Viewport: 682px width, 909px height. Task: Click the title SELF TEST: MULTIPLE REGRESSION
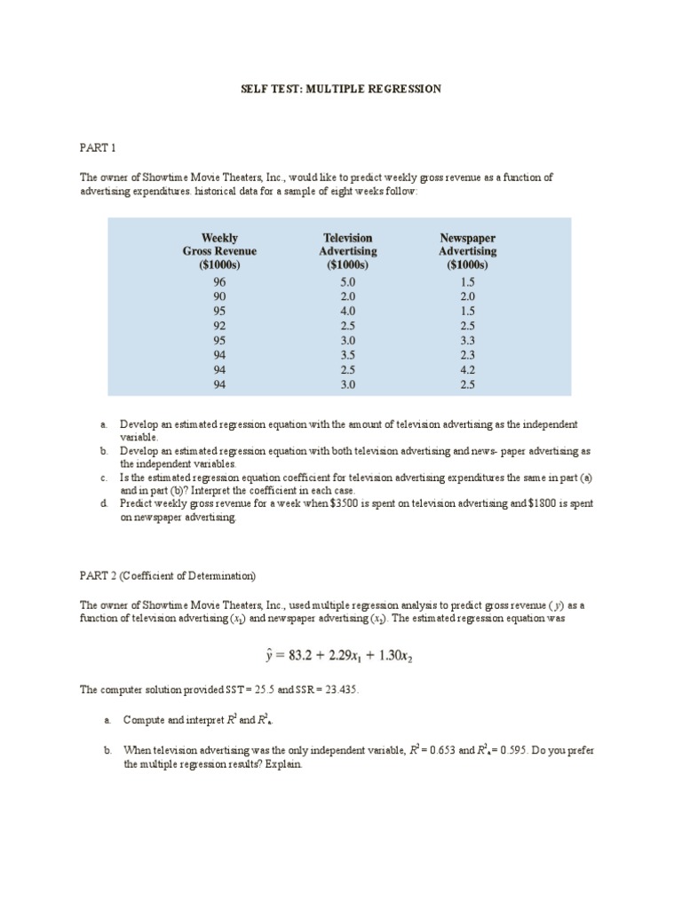[341, 90]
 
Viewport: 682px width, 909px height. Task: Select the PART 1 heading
[98, 146]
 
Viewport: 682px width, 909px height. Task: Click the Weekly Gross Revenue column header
[219, 251]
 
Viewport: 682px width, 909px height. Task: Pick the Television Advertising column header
[347, 251]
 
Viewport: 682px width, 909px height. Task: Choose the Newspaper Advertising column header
[468, 251]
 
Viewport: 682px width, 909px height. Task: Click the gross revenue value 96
[219, 281]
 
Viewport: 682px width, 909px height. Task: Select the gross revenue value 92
[219, 325]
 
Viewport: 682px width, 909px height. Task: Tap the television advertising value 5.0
[347, 281]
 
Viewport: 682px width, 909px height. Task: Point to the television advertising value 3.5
[347, 354]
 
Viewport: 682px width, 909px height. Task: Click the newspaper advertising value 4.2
[468, 369]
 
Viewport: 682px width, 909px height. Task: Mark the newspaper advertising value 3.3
[468, 340]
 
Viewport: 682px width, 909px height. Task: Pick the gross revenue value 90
[219, 296]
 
